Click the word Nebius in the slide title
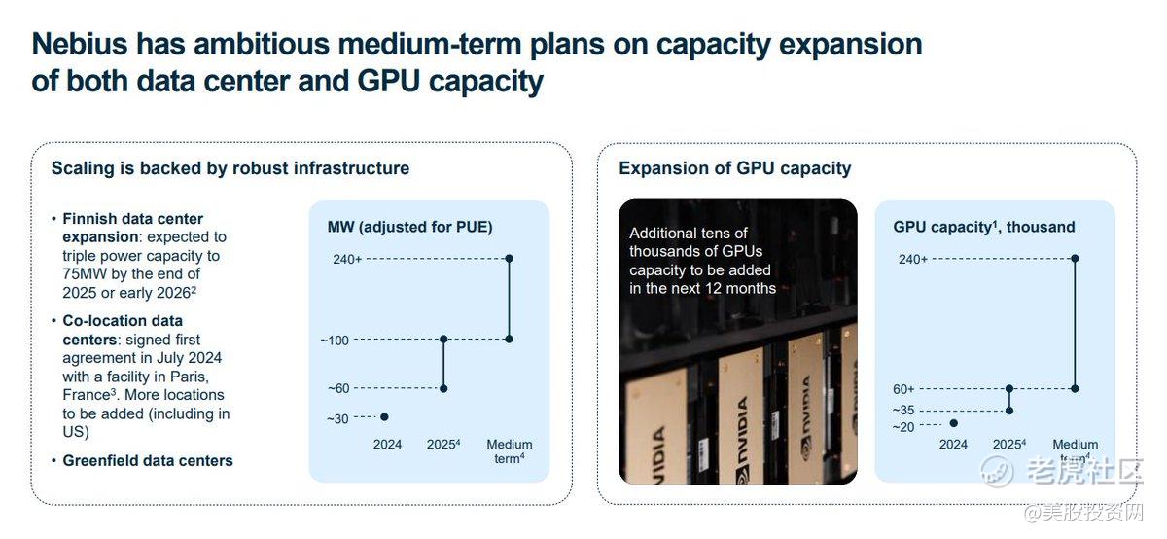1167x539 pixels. click(x=80, y=45)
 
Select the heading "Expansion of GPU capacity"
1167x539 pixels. click(x=734, y=169)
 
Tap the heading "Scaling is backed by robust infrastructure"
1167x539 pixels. click(x=230, y=168)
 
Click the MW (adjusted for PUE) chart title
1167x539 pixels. click(x=410, y=228)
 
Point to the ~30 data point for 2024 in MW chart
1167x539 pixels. click(x=384, y=417)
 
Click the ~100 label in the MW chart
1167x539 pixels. click(x=335, y=341)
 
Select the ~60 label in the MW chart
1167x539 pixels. click(x=338, y=389)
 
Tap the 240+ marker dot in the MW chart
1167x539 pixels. click(x=510, y=259)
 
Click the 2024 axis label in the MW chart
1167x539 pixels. click(x=387, y=445)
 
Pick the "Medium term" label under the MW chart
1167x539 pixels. click(x=510, y=451)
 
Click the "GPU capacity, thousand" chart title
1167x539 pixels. click(x=983, y=228)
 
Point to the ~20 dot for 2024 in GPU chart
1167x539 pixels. click(x=953, y=423)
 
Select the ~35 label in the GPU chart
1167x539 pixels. click(x=903, y=411)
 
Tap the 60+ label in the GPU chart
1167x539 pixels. click(x=903, y=389)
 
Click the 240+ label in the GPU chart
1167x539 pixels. click(x=913, y=259)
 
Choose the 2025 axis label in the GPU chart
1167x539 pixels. click(x=1009, y=445)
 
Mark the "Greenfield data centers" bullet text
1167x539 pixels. click(x=148, y=461)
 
